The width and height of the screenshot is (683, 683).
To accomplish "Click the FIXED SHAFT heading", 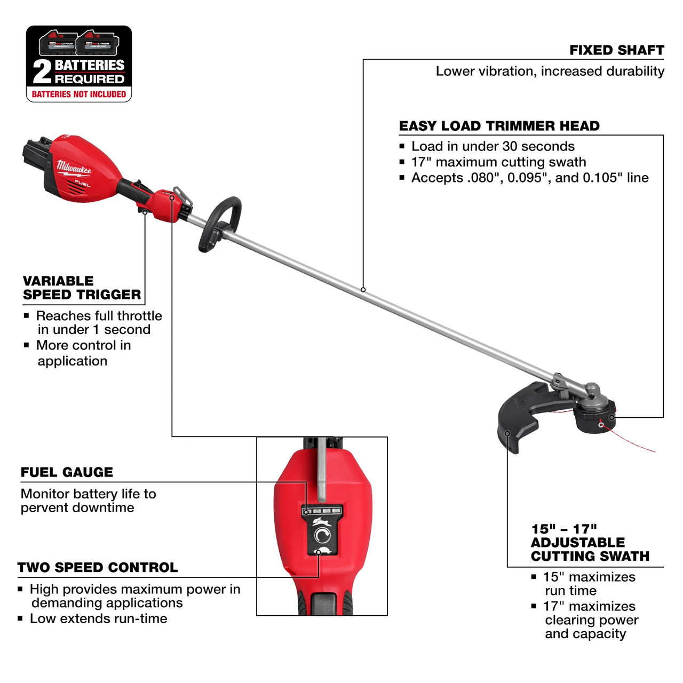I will tap(616, 50).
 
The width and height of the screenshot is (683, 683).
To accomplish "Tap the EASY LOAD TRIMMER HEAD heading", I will tap(499, 126).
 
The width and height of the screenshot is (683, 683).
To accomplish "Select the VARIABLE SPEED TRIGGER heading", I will tap(82, 288).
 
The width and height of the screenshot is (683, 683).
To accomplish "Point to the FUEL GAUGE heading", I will tap(67, 472).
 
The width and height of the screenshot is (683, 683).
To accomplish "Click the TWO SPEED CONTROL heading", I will tap(97, 567).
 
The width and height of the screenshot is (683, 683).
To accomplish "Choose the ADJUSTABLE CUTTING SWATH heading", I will tap(590, 543).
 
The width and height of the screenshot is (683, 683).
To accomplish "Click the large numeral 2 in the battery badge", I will tap(42, 72).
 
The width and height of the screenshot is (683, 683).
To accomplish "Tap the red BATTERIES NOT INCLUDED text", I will tap(79, 94).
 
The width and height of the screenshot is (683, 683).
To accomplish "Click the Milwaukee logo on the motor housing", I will tap(74, 166).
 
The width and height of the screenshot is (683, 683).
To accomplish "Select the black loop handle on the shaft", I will tap(219, 224).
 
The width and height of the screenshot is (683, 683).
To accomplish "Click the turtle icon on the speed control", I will tap(323, 552).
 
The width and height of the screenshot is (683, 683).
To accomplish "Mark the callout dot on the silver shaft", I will tap(363, 290).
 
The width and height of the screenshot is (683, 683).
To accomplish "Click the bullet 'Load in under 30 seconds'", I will tap(493, 146).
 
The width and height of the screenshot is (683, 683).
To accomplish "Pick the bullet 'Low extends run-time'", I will tap(98, 618).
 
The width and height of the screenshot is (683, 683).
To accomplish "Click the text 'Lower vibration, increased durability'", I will tap(550, 71).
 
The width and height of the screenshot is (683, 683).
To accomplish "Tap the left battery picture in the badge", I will tap(57, 44).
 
